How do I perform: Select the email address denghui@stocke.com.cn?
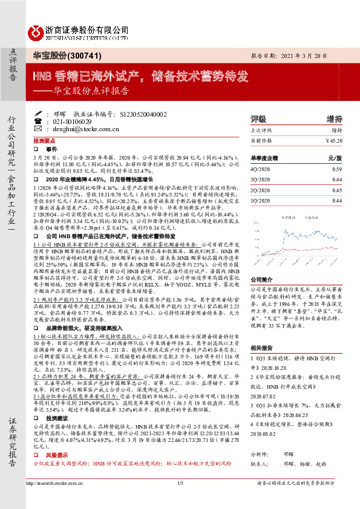[78, 129]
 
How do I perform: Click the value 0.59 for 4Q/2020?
[337, 170]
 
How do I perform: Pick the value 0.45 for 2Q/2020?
[337, 190]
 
